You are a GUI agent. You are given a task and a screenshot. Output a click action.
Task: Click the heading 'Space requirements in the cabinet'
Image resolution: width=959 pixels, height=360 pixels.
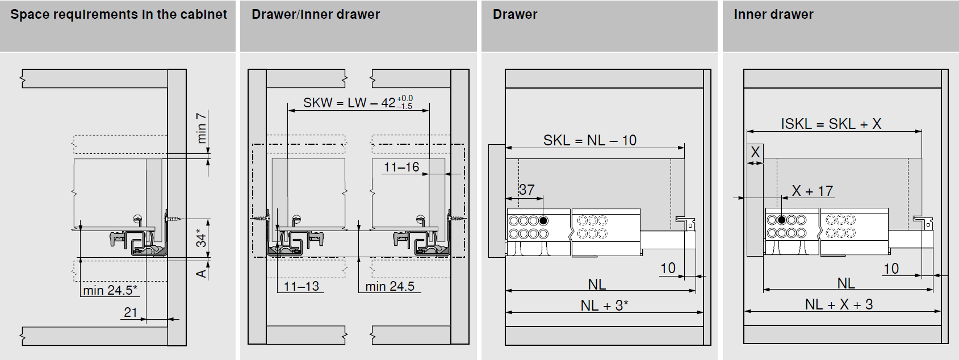pyautogui.click(x=119, y=15)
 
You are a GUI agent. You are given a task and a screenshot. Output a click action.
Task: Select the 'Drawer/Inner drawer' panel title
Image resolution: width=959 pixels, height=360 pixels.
pyautogui.click(x=316, y=15)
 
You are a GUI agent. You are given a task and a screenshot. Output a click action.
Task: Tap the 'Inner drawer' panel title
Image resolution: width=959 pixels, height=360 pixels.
pyautogui.click(x=773, y=15)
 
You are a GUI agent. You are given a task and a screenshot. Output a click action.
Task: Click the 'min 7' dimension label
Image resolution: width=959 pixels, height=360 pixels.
pyautogui.click(x=201, y=128)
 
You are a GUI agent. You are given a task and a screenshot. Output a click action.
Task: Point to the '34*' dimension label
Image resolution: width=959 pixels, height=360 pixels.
pyautogui.click(x=201, y=238)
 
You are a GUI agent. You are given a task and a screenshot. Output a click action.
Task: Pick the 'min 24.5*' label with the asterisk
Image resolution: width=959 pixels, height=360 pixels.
pyautogui.click(x=110, y=290)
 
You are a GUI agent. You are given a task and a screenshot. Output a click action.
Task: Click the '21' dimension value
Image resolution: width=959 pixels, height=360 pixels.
pyautogui.click(x=130, y=312)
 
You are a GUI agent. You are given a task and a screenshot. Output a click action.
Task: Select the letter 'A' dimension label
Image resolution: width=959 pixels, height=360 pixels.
pyautogui.click(x=201, y=273)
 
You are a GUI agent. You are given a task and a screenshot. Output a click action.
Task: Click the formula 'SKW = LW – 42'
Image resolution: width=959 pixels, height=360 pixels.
pyautogui.click(x=349, y=103)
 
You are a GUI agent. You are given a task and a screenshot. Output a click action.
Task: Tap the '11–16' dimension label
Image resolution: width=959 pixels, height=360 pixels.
pyautogui.click(x=401, y=167)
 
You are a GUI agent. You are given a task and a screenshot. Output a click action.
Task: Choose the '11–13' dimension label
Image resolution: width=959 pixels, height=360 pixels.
pyautogui.click(x=301, y=286)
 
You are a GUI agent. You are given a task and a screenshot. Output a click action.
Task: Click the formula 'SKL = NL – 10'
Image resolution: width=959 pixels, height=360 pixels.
pyautogui.click(x=590, y=140)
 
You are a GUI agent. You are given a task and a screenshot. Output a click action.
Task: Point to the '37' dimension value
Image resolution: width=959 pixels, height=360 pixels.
pyautogui.click(x=526, y=190)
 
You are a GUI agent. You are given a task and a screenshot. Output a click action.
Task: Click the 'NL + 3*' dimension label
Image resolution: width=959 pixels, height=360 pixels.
pyautogui.click(x=605, y=305)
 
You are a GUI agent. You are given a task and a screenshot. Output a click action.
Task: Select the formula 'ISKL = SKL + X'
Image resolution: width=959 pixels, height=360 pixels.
pyautogui.click(x=831, y=124)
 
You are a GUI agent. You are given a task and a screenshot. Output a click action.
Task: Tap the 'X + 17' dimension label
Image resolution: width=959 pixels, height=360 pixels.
pyautogui.click(x=813, y=191)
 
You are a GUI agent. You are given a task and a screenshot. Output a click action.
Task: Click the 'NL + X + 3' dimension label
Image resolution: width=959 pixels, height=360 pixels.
pyautogui.click(x=839, y=304)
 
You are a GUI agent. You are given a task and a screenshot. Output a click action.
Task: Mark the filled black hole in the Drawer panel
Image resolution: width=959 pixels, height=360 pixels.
pyautogui.click(x=543, y=221)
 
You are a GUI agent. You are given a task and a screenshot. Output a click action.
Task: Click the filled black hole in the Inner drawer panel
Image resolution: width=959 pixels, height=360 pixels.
pyautogui.click(x=782, y=220)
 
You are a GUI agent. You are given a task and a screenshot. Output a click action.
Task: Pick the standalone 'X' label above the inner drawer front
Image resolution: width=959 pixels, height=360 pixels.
pyautogui.click(x=755, y=152)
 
